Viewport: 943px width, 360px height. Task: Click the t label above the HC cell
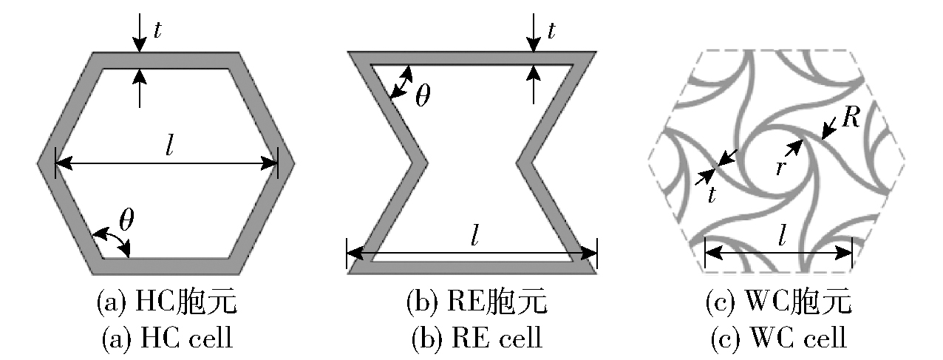point(157,29)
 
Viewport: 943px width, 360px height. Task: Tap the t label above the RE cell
point(551,29)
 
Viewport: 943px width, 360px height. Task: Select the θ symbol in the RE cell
point(422,98)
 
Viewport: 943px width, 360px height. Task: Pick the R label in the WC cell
point(851,119)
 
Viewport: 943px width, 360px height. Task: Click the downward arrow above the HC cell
point(139,33)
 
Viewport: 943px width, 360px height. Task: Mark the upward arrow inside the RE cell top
point(532,83)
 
